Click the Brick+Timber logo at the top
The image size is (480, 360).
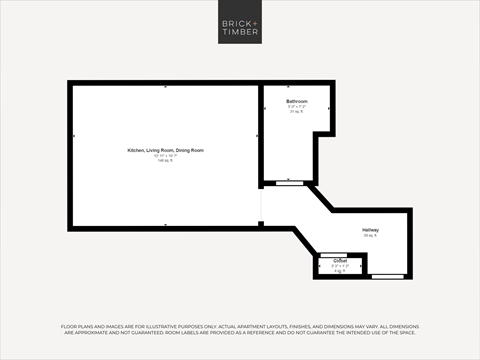point(240,27)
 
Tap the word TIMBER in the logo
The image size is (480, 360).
point(240,33)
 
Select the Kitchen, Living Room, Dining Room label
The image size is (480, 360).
point(165,150)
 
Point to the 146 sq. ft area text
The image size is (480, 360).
point(165,161)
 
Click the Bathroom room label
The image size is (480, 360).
point(297,101)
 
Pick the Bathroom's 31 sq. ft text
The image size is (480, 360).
point(297,112)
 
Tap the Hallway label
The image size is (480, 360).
point(370,230)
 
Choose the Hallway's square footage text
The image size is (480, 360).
point(370,236)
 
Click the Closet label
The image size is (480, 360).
point(340,260)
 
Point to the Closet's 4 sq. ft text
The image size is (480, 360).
point(340,270)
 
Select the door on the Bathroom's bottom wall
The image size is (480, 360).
point(290,183)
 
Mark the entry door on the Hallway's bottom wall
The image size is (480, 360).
point(387,275)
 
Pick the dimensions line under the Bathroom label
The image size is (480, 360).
point(297,107)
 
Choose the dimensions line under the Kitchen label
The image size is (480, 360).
point(165,156)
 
